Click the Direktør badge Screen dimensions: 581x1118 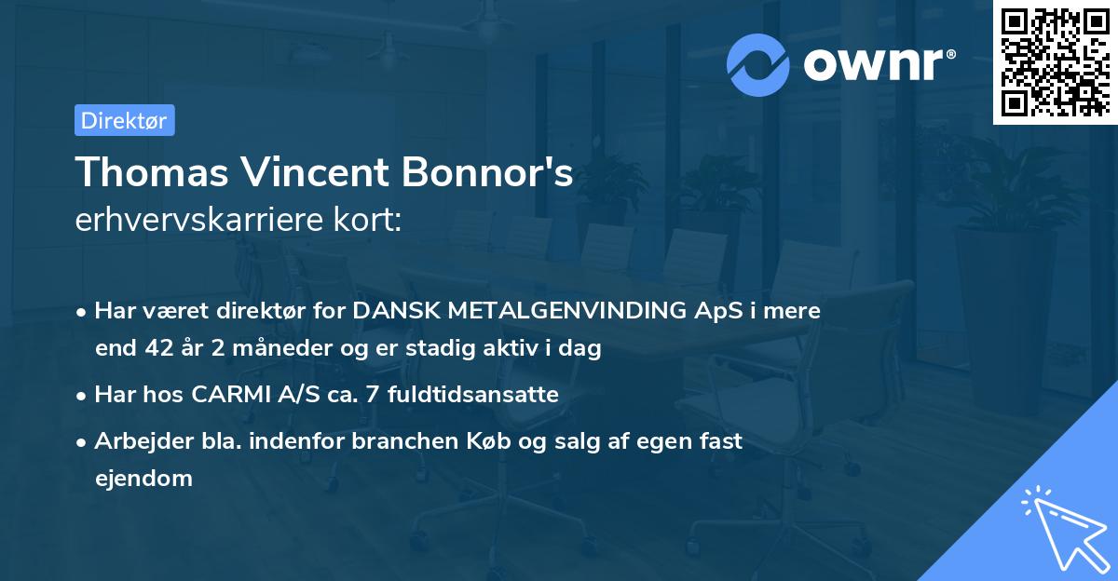pyautogui.click(x=124, y=120)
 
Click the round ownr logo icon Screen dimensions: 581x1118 pyautogui.click(x=758, y=65)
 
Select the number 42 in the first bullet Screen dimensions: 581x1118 pyautogui.click(x=156, y=349)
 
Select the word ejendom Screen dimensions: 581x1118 pyautogui.click(x=143, y=479)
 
